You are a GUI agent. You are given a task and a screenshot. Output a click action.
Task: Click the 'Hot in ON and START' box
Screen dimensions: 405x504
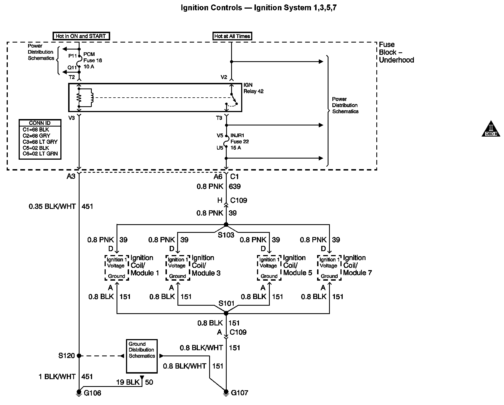pyautogui.click(x=81, y=36)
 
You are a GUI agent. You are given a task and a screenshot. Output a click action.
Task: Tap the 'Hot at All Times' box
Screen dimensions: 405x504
pyautogui.click(x=232, y=36)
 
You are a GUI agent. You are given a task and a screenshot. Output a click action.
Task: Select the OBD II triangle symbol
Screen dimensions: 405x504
pyautogui.click(x=491, y=129)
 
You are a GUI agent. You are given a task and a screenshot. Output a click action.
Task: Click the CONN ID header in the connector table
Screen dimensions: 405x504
pyautogui.click(x=40, y=123)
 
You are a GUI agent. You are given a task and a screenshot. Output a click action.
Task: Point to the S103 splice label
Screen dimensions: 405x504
pyautogui.click(x=226, y=235)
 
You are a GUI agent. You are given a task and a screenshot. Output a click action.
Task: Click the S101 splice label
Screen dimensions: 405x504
pyautogui.click(x=226, y=303)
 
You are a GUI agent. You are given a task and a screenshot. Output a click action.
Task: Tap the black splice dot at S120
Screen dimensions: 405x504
pyautogui.click(x=79, y=355)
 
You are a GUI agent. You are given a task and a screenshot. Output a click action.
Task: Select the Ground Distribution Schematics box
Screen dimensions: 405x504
pyautogui.click(x=142, y=356)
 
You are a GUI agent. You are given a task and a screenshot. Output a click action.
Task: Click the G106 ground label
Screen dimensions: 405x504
pyautogui.click(x=92, y=393)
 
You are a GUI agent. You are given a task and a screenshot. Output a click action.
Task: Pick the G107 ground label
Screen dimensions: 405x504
pyautogui.click(x=239, y=393)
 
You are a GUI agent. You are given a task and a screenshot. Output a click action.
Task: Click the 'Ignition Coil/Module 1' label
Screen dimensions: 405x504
pyautogui.click(x=145, y=265)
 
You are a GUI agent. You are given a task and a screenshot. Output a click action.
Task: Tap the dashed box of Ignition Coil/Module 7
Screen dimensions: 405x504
pyautogui.click(x=329, y=268)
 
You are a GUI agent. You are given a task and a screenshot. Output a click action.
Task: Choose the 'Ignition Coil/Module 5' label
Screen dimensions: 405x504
pyautogui.click(x=298, y=265)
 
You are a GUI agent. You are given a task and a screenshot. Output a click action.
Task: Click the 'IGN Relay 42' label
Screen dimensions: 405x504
pyautogui.click(x=253, y=88)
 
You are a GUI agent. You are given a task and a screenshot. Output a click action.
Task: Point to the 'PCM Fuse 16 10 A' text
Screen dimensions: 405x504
pyautogui.click(x=92, y=60)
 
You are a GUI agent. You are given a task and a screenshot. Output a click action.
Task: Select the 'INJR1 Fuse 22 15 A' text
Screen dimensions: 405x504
pyautogui.click(x=239, y=142)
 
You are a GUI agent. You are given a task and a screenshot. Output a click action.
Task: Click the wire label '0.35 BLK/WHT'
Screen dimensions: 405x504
pyautogui.click(x=52, y=206)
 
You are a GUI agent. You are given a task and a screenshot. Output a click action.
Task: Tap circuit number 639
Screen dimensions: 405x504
pyautogui.click(x=234, y=186)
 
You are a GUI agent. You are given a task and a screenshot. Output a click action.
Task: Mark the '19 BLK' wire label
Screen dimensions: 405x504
pyautogui.click(x=128, y=382)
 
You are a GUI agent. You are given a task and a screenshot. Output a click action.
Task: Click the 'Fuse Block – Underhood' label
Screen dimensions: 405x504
pyautogui.click(x=396, y=52)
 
